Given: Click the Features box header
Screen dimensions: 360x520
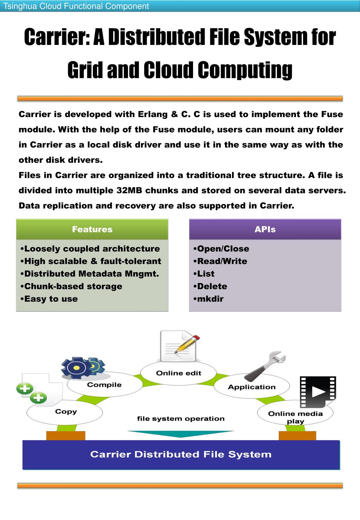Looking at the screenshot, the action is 92,229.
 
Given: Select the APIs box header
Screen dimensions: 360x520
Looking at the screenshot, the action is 265,229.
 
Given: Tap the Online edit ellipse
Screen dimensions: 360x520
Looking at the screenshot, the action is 179,373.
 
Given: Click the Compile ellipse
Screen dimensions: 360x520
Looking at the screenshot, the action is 104,385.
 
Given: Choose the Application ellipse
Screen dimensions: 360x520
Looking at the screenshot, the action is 252,387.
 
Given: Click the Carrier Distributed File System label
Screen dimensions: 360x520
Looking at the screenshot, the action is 181,454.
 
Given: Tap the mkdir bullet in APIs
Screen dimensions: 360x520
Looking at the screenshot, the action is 210,299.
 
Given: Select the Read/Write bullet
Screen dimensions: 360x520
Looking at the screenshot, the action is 222,261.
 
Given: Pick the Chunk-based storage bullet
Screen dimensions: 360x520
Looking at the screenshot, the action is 73,286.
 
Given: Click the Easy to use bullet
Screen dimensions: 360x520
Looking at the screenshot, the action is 51,299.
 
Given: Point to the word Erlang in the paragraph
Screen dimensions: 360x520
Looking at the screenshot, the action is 153,114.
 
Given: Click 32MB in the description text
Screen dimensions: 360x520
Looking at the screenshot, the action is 129,191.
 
